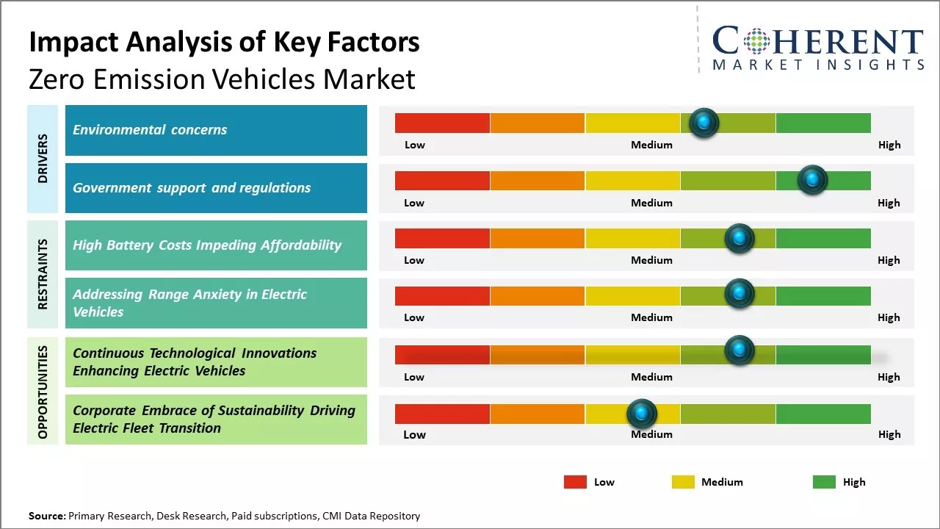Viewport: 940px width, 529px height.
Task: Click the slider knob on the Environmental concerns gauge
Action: click(704, 123)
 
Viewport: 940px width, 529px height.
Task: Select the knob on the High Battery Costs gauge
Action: click(740, 238)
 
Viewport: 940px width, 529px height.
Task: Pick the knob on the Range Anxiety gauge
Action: click(740, 293)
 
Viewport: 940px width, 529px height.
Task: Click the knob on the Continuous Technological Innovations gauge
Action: click(740, 350)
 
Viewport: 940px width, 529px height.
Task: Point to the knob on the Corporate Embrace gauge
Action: click(642, 414)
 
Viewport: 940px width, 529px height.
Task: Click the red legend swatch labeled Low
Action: click(575, 482)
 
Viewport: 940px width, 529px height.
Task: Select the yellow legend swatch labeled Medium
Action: click(683, 482)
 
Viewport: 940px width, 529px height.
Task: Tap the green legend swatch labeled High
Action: click(824, 482)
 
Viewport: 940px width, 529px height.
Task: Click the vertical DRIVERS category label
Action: click(43, 158)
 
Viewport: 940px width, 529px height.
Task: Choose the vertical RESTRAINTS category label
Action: click(43, 274)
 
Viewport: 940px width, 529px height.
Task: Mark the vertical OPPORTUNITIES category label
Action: click(43, 392)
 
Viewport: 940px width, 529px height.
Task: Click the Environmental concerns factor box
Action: click(216, 130)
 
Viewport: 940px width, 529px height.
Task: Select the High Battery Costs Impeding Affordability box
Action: click(216, 245)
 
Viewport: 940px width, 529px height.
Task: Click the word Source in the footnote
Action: click(46, 516)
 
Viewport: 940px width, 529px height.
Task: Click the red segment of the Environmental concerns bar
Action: click(442, 123)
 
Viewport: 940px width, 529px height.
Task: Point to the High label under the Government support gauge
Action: click(889, 203)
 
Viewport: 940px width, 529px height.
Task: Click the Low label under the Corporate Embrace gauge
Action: click(414, 434)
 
